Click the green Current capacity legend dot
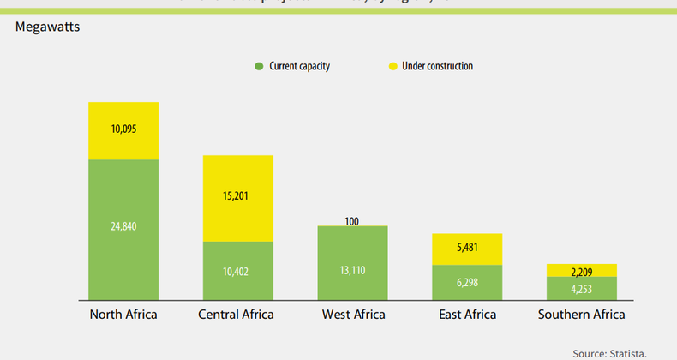257,66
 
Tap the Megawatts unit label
47,27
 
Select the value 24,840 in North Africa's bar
123,226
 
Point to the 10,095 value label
123,129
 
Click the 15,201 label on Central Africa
237,196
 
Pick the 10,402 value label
237,271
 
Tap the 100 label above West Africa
352,221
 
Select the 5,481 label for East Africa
466,249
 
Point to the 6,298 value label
466,283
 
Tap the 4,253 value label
581,289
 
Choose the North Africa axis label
123,315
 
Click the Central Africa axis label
236,315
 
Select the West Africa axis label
352,315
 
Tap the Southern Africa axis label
581,315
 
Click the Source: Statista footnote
609,352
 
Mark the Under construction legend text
437,66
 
